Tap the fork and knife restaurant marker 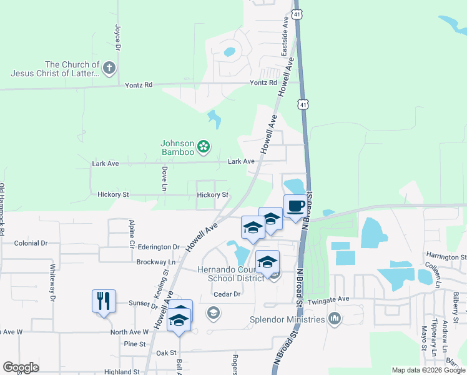(x=102, y=301)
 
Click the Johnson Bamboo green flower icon (x=203, y=147)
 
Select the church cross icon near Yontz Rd (x=109, y=68)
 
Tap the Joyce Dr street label (x=117, y=37)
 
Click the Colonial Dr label (x=31, y=243)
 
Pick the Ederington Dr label (x=159, y=247)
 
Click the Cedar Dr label (x=227, y=294)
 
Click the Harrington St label (x=446, y=256)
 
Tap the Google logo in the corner (x=21, y=367)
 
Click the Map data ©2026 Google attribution (x=428, y=370)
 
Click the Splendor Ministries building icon (x=335, y=319)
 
